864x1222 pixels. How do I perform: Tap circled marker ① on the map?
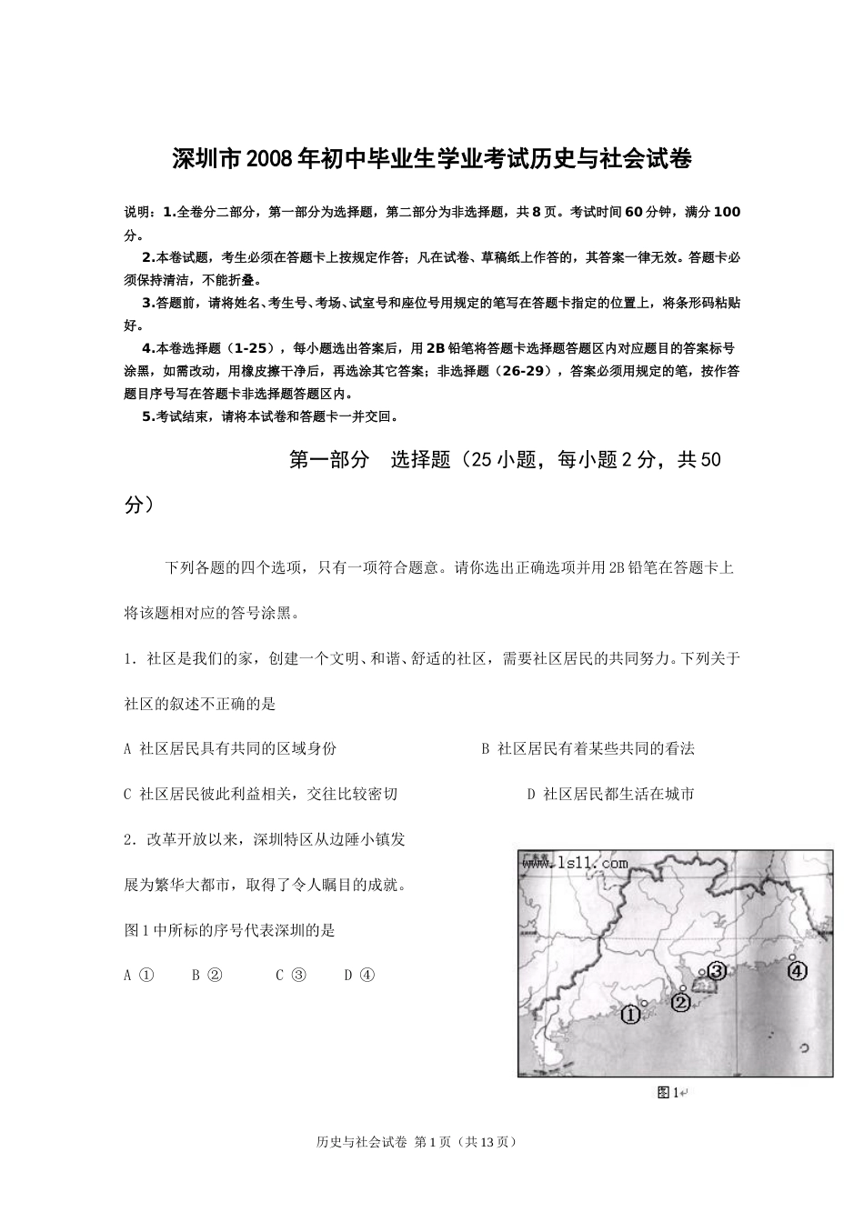click(630, 1015)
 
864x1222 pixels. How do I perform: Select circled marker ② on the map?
click(681, 1002)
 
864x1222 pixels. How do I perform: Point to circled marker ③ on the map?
click(717, 971)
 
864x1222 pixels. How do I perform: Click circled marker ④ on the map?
click(797, 971)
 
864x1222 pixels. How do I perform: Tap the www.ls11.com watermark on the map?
click(575, 863)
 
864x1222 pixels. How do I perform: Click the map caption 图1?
click(668, 1092)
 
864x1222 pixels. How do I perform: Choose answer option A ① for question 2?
click(139, 975)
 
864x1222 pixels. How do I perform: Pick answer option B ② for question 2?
click(207, 975)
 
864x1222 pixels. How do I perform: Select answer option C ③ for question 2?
click(292, 975)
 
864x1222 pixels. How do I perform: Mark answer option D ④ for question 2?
click(359, 975)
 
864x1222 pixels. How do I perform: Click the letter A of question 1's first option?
click(127, 748)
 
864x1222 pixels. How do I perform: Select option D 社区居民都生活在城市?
click(611, 794)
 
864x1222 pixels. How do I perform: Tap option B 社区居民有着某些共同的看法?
click(588, 748)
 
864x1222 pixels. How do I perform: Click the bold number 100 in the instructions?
click(727, 212)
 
